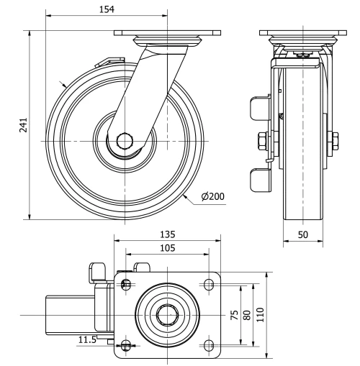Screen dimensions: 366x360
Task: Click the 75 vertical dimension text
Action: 235,316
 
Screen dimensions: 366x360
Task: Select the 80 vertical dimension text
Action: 247,316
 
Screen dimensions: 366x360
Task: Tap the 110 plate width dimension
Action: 261,314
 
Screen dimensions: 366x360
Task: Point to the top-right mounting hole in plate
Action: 210,285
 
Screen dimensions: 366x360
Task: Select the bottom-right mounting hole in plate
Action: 210,346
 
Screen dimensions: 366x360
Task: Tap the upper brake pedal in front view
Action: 257,109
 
